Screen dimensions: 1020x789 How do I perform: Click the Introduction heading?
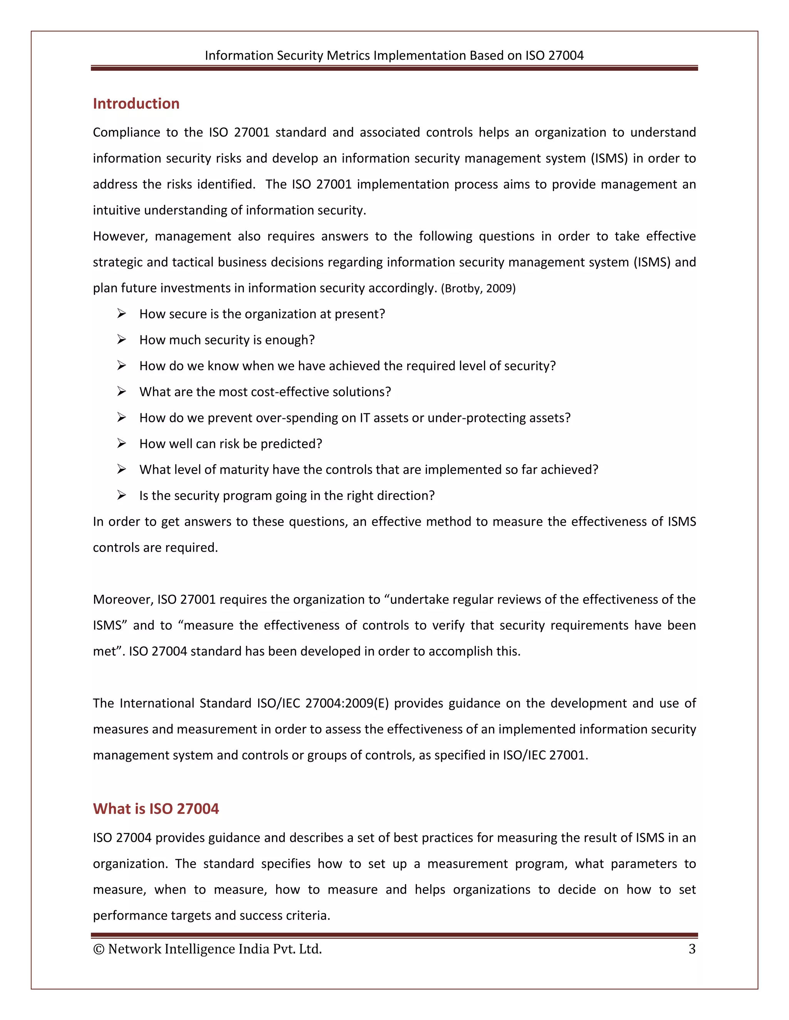pyautogui.click(x=136, y=104)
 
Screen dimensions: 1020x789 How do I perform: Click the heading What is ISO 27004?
pyautogui.click(x=156, y=809)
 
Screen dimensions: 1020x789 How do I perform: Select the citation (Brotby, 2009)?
pyautogui.click(x=478, y=289)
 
